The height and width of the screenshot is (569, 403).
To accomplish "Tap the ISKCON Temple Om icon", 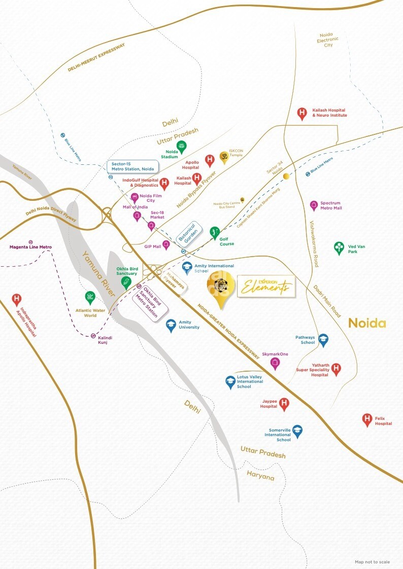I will pyautogui.click(x=224, y=157).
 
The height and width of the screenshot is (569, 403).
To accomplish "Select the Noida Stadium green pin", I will pyautogui.click(x=181, y=147).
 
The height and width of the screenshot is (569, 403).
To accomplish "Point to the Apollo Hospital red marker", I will pyautogui.click(x=210, y=161).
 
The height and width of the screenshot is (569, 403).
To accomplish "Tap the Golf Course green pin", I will pyautogui.click(x=215, y=233).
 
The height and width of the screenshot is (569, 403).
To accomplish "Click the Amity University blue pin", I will pyautogui.click(x=171, y=326).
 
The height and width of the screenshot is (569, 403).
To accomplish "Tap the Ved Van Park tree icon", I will pyautogui.click(x=339, y=247).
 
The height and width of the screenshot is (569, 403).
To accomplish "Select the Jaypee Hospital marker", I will pyautogui.click(x=284, y=404).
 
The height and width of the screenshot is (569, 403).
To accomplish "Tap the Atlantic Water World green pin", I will pyautogui.click(x=90, y=298).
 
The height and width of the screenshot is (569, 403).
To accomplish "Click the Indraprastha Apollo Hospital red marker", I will pyautogui.click(x=17, y=300).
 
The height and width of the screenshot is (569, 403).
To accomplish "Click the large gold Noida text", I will pyautogui.click(x=366, y=323).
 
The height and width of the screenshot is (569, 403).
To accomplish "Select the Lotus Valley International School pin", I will pyautogui.click(x=230, y=382).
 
